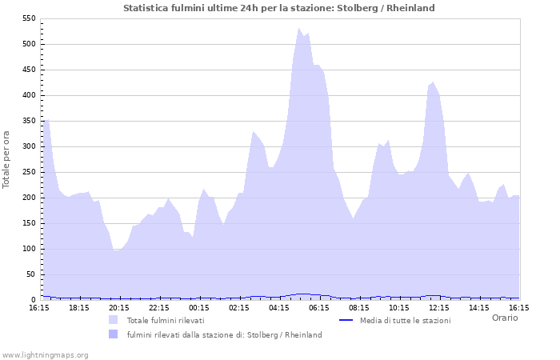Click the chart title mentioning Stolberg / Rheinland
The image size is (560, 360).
279,8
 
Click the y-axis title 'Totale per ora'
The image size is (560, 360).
7,158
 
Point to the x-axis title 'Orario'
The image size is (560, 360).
504,318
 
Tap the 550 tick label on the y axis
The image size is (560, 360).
27,18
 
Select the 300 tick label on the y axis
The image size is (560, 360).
27,146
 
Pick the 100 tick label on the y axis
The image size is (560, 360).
27,249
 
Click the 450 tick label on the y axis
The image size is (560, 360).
27,70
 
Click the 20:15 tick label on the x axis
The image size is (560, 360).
119,307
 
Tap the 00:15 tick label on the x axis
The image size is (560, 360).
199,307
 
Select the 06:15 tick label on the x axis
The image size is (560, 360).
319,307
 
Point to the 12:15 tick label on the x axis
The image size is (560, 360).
439,307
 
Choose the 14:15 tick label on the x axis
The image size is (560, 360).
479,307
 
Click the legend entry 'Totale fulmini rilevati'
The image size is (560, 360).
165,320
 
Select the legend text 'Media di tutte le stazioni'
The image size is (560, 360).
405,320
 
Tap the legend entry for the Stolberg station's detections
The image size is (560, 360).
224,334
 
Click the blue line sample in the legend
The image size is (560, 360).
346,320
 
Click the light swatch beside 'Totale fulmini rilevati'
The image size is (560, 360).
113,320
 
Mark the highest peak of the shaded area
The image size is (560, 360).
299,29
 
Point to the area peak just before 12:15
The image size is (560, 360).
434,82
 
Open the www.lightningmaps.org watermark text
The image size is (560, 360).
45,354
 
